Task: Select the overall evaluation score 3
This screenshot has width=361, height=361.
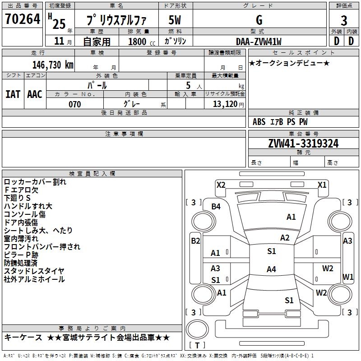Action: pos(344,20)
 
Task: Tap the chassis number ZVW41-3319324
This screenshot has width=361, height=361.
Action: pos(303,143)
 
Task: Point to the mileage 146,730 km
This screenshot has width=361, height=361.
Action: pos(53,65)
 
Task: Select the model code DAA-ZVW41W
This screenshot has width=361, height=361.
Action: pos(259,42)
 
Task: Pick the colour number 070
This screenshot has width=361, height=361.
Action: pos(74,104)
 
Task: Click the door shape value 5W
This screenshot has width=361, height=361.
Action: pos(176,20)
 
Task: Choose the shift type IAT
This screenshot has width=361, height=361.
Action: pos(13,94)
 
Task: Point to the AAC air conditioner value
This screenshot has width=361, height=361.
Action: pos(35,94)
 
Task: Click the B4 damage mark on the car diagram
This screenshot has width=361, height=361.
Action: pos(216,207)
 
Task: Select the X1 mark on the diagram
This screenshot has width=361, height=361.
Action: pos(322,185)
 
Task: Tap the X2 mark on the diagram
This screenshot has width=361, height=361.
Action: pos(221,185)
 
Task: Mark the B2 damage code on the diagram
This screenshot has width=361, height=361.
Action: pos(195,241)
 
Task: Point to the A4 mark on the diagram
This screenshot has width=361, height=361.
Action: pos(271,269)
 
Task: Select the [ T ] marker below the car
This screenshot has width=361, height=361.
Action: pos(197,346)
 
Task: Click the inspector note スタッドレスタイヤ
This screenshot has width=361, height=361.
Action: pos(34,271)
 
